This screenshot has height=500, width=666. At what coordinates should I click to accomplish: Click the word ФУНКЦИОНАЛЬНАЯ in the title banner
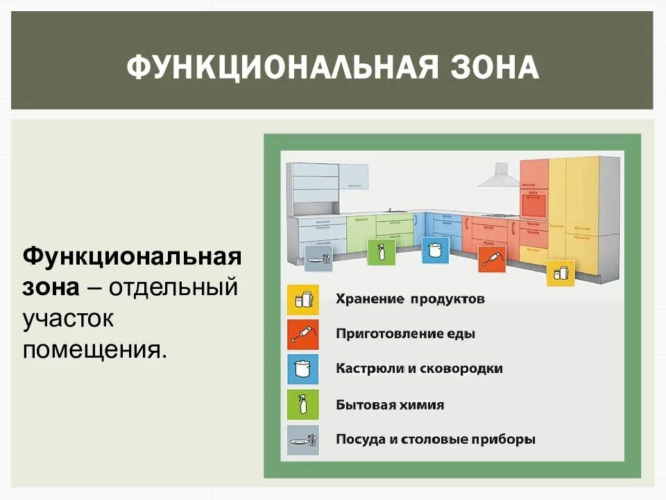click(x=282, y=69)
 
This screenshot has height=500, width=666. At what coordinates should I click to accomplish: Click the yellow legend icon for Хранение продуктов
click(x=303, y=300)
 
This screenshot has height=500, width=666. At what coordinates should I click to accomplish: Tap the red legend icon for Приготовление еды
click(x=303, y=335)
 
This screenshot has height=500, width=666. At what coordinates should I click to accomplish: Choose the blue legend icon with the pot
click(x=303, y=369)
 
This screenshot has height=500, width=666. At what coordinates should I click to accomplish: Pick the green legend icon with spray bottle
click(x=303, y=404)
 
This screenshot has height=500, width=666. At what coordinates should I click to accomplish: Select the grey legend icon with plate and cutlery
click(x=303, y=440)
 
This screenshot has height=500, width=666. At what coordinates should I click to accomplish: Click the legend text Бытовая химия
click(x=389, y=404)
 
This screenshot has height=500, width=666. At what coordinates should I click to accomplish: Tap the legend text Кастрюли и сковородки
click(x=419, y=369)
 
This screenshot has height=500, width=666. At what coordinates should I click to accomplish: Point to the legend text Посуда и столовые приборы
click(x=435, y=440)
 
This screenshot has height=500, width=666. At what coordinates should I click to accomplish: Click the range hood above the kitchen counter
click(x=499, y=176)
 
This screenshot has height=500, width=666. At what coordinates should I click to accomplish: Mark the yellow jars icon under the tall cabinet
click(x=561, y=273)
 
